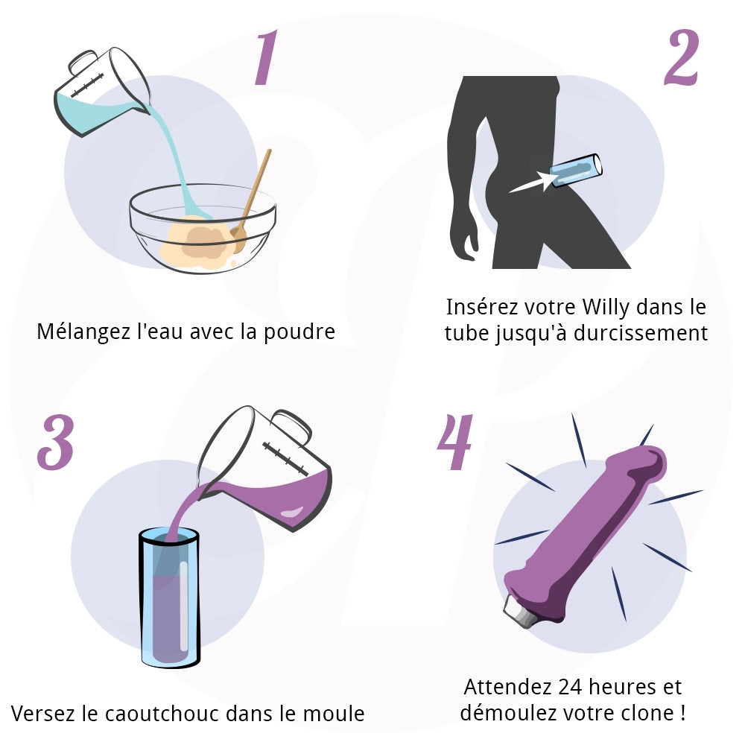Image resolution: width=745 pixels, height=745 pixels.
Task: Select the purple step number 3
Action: point(56,443)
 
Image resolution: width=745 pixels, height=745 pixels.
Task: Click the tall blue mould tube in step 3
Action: point(170,596)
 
